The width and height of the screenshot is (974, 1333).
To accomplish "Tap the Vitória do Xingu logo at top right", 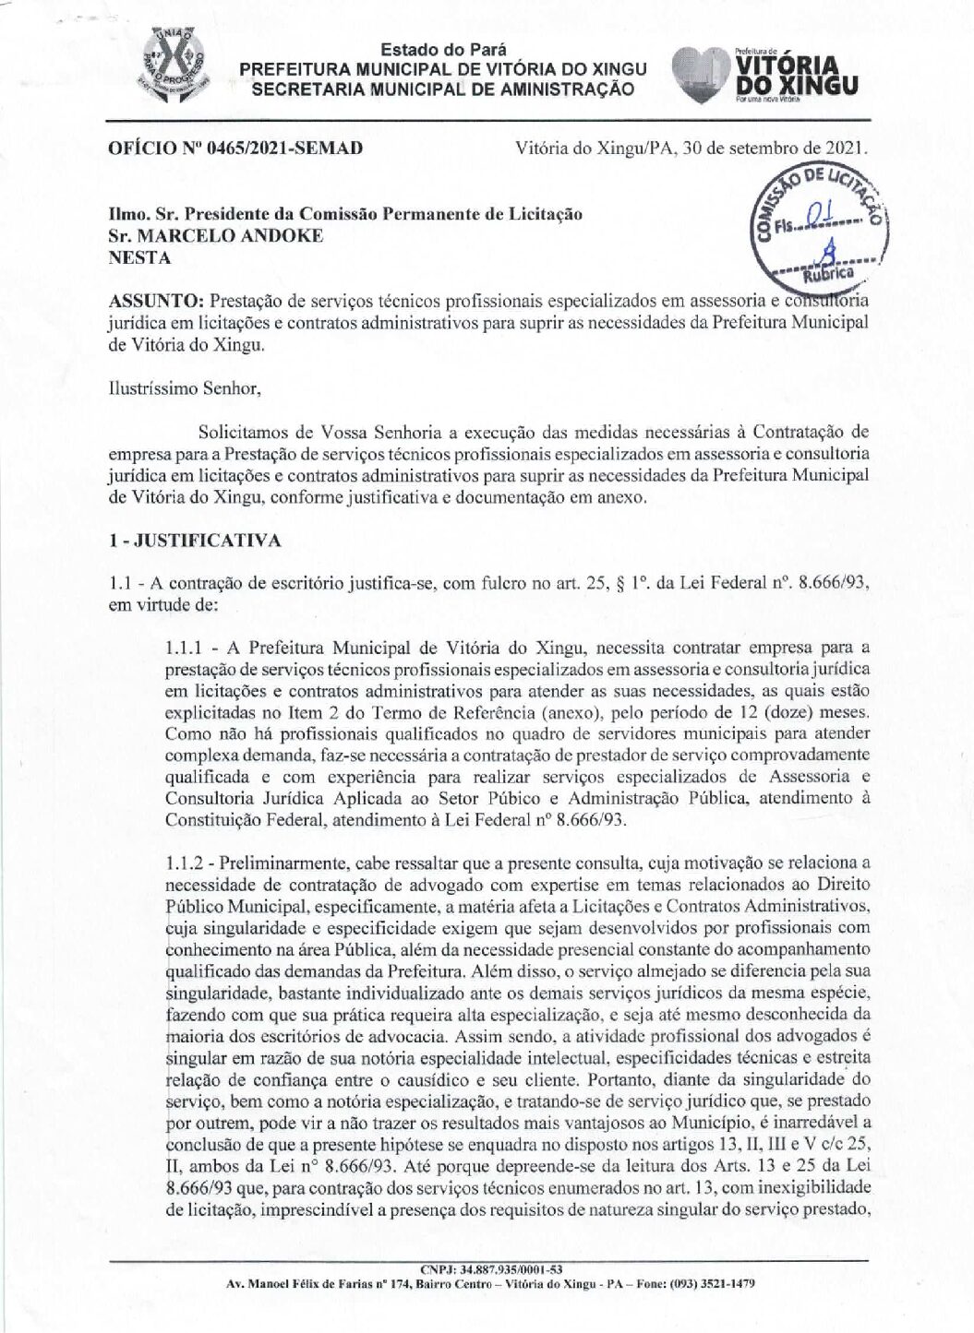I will [x=765, y=75].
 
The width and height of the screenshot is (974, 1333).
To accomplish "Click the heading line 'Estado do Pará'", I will [x=443, y=50].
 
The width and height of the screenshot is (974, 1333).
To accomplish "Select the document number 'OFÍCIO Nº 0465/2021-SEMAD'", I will [x=235, y=148].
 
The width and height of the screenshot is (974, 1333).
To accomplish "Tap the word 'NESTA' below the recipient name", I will [x=140, y=257].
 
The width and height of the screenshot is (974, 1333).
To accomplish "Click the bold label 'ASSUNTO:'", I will [x=156, y=301].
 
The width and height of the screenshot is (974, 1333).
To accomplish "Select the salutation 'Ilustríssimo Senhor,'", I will [x=185, y=388].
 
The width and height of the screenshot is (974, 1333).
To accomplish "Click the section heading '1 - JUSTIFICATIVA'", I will [x=195, y=541].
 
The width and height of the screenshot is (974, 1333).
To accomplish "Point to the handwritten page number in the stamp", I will [x=818, y=214].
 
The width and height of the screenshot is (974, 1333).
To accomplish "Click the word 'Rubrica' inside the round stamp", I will [x=827, y=273].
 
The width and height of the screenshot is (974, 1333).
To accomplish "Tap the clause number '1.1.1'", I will [x=185, y=648].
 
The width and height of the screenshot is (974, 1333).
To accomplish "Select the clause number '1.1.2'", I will [x=186, y=863].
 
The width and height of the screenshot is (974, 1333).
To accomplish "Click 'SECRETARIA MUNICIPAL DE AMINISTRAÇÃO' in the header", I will [x=443, y=89].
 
